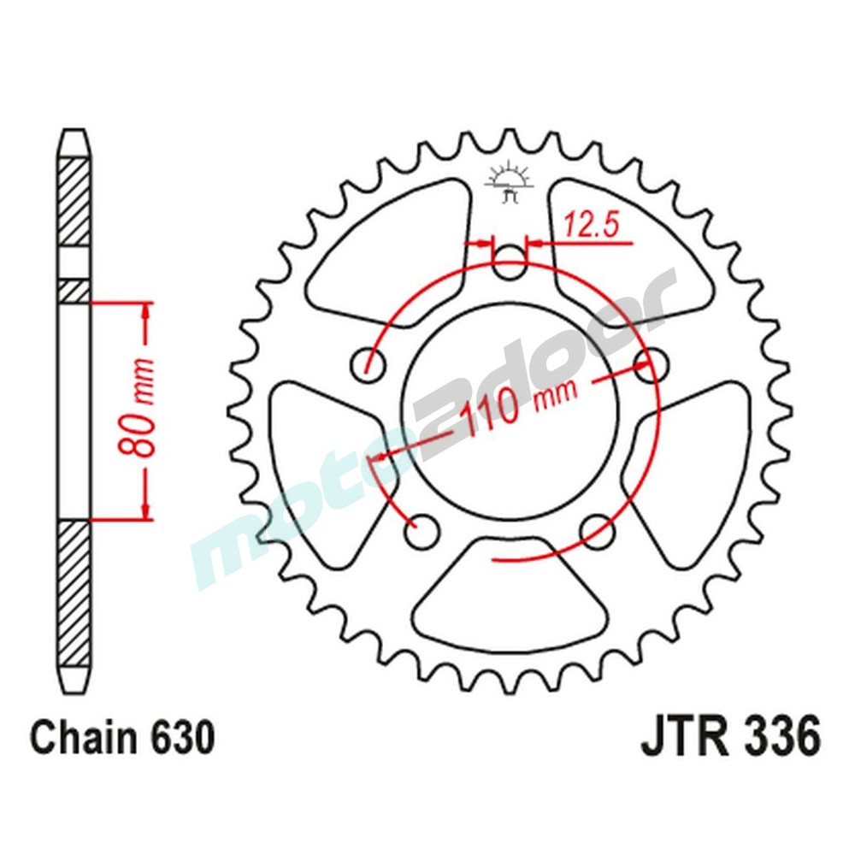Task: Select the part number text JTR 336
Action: click(x=730, y=737)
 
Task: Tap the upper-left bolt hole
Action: click(x=369, y=364)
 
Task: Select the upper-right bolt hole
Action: click(x=652, y=364)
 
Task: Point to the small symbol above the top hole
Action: click(x=510, y=180)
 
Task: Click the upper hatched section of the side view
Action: click(x=74, y=202)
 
